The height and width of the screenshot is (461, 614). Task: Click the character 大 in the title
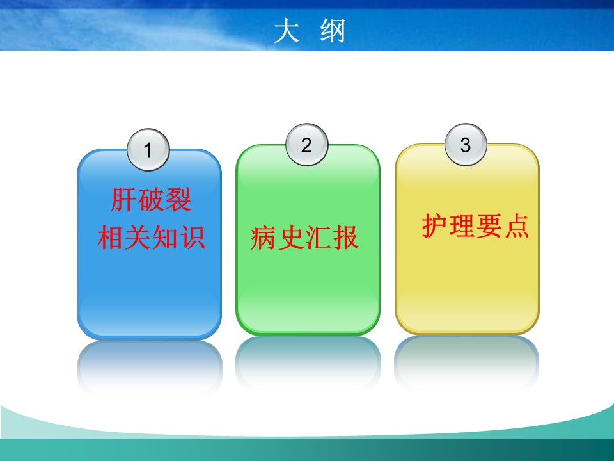[287, 31]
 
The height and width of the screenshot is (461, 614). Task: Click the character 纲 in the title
[333, 31]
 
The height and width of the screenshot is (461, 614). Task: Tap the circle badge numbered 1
[148, 150]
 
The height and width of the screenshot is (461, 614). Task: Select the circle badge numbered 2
[306, 145]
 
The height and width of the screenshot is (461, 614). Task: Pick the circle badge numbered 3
[466, 145]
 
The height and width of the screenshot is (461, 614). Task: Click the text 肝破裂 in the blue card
[151, 200]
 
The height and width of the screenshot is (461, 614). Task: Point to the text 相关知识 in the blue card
[151, 237]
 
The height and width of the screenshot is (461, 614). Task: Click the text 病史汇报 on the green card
[304, 238]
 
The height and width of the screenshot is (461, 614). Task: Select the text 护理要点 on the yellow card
[475, 225]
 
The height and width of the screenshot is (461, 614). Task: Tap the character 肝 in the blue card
[123, 200]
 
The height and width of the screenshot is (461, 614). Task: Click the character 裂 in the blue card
[178, 200]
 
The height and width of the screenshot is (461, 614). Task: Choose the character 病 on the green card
[264, 238]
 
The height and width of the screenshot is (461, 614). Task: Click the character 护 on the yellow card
[435, 225]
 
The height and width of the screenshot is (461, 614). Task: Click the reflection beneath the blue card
[150, 366]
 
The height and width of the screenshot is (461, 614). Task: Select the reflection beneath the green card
[308, 362]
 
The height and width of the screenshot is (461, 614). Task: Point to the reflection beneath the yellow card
[467, 362]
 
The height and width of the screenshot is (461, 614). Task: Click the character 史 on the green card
[291, 238]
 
